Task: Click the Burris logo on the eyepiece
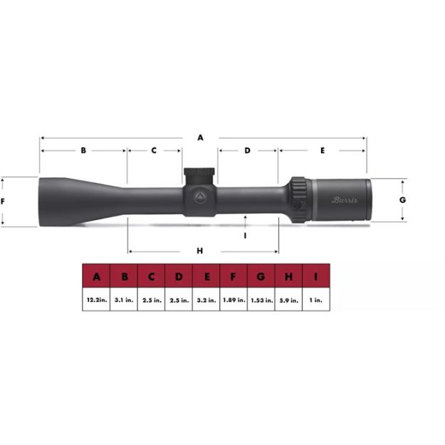coord(345,200)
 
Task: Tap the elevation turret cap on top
coord(200,174)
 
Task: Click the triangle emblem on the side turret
coord(200,196)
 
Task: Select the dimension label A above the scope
coord(200,137)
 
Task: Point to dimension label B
coord(83,151)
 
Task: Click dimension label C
coord(154,151)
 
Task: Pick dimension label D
coord(247,151)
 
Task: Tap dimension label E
coord(323,151)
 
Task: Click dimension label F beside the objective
coord(4,201)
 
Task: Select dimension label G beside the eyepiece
coord(402,200)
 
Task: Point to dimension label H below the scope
coord(200,251)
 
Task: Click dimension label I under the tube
coord(245,234)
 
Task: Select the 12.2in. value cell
coord(96,300)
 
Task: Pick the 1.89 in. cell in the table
coord(234,300)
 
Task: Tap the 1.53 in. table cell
coord(261,300)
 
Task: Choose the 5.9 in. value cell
coord(288,300)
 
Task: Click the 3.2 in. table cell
coord(206,300)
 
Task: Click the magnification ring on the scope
coord(298,200)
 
